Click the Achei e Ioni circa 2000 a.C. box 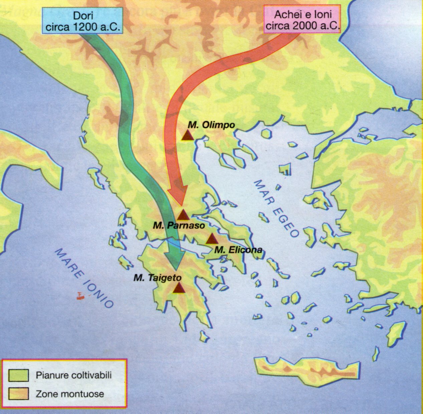(x=302, y=20)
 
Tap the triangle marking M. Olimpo (x=187, y=135)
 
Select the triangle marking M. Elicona (x=212, y=239)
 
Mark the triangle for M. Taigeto (x=179, y=288)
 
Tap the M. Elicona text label (x=238, y=250)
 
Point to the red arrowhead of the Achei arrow (x=178, y=197)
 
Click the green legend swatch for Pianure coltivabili (x=19, y=375)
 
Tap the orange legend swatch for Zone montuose (x=19, y=394)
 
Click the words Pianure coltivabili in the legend (x=73, y=375)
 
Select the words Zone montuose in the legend (x=70, y=394)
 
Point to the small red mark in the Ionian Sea (x=79, y=296)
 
